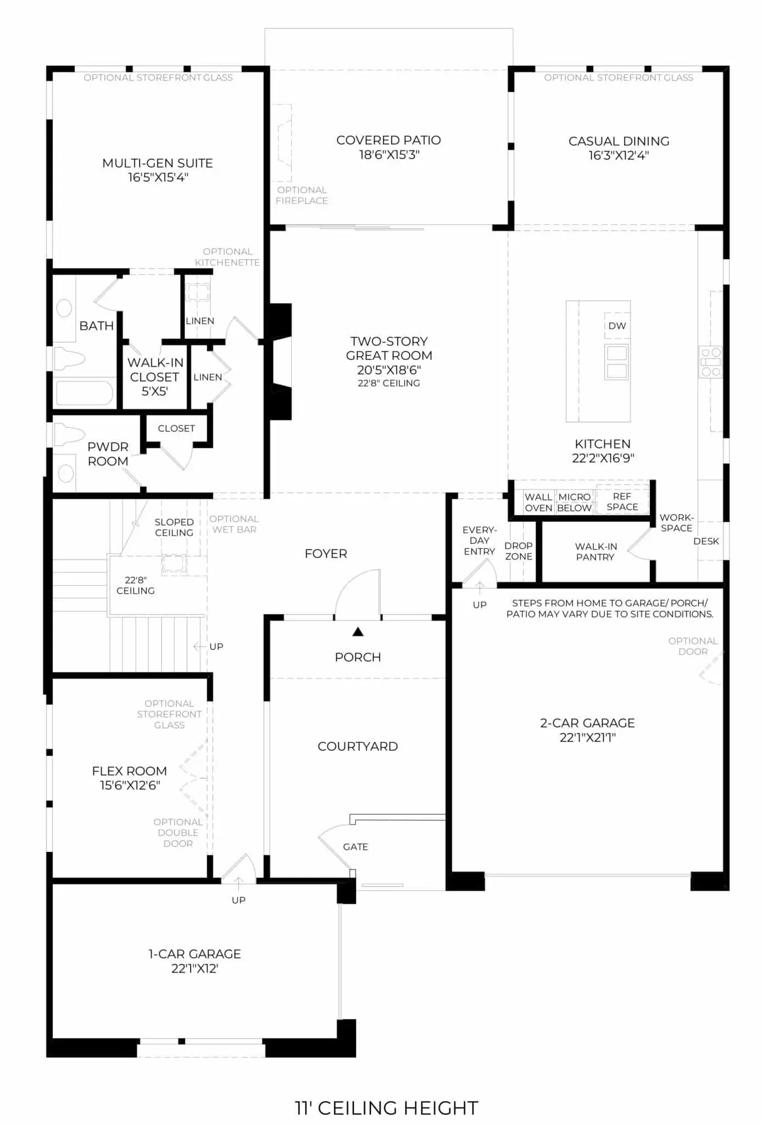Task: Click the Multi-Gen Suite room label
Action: click(x=158, y=163)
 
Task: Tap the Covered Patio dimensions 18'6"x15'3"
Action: click(x=389, y=155)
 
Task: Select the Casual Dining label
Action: click(x=619, y=141)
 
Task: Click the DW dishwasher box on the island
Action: click(x=617, y=325)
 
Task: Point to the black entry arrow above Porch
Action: click(x=358, y=632)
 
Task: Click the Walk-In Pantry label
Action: click(x=596, y=552)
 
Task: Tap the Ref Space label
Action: click(x=622, y=502)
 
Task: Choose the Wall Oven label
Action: click(x=538, y=502)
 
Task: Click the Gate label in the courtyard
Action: click(x=355, y=847)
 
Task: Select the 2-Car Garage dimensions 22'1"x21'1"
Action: click(x=587, y=737)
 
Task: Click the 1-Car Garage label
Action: click(x=194, y=954)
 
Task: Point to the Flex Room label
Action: click(x=130, y=771)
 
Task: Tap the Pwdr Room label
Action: click(x=108, y=454)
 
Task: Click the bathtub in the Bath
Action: click(x=85, y=393)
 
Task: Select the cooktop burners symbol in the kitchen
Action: click(x=710, y=362)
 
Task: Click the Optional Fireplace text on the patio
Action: click(x=302, y=195)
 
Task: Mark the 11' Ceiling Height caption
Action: click(x=387, y=1108)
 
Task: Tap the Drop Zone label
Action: click(x=519, y=551)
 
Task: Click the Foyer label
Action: click(x=326, y=554)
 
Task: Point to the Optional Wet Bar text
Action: click(x=234, y=524)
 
